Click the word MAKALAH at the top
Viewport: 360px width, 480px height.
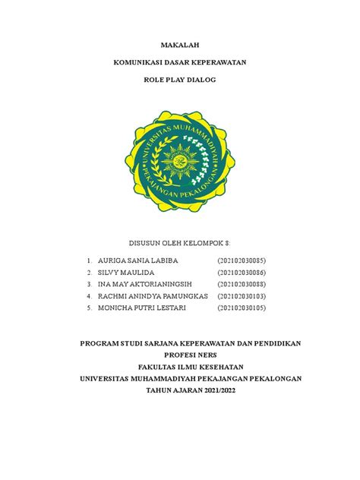pyautogui.click(x=180, y=45)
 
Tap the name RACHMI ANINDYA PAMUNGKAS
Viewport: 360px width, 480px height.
pyautogui.click(x=153, y=295)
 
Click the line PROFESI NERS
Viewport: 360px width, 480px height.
pyautogui.click(x=180, y=355)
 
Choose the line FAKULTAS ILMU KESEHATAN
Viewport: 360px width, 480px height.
pyautogui.click(x=180, y=366)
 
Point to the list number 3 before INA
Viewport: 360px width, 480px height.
pyautogui.click(x=90, y=283)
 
